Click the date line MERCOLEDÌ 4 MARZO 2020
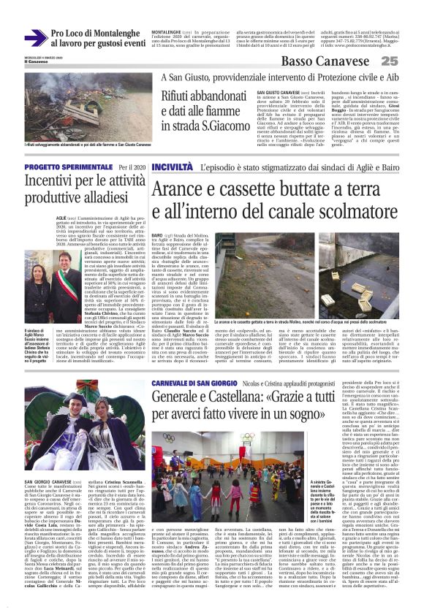click(41, 57)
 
